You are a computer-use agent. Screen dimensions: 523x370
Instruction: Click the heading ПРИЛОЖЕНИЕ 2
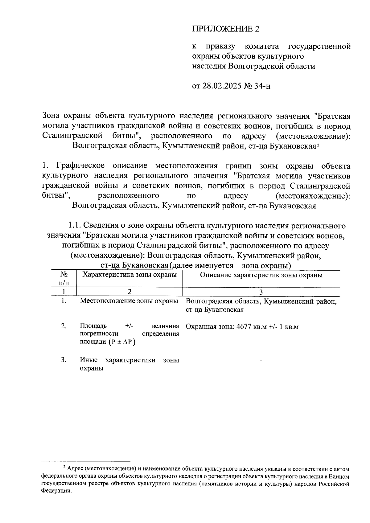click(x=226, y=29)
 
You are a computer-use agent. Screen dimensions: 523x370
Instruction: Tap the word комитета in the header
click(x=261, y=47)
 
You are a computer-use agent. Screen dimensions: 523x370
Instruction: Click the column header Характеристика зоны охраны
click(x=129, y=275)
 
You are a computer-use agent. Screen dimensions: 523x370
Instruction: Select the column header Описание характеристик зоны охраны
click(x=261, y=275)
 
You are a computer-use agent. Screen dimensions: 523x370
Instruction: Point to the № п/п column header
click(x=64, y=278)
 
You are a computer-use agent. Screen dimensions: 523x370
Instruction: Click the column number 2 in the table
click(x=129, y=292)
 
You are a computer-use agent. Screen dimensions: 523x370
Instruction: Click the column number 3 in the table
click(x=261, y=292)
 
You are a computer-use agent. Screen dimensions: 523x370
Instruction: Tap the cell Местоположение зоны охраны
click(x=129, y=301)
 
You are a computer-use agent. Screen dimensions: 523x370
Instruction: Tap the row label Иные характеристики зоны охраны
click(x=129, y=364)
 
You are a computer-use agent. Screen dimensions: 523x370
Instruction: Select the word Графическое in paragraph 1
click(x=80, y=166)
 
